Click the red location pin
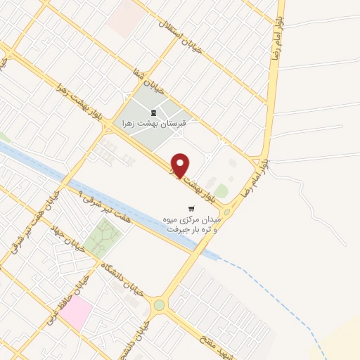181,165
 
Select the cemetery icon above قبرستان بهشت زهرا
153,112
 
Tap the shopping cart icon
191,208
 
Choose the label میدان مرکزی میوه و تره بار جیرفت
191,224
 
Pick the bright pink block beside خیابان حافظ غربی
76,311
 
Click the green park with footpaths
103,237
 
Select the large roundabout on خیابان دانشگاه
160,305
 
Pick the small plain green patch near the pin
221,191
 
